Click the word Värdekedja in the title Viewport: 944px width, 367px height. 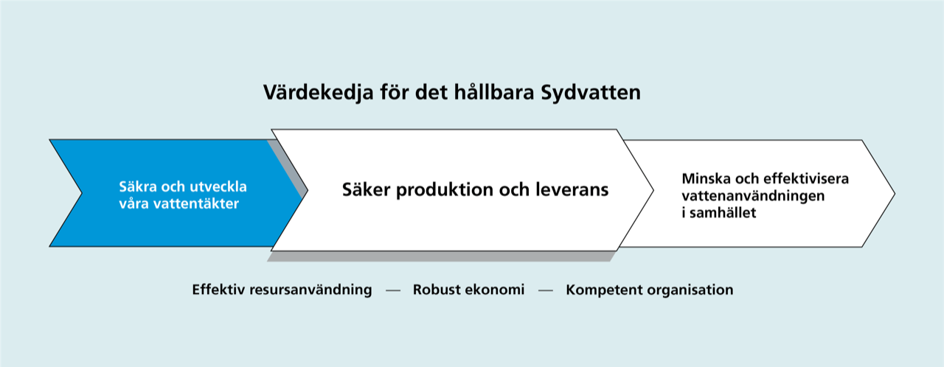318,92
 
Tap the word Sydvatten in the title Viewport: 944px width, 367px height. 591,93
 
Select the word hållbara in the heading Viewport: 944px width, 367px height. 494,91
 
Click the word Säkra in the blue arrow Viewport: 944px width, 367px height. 138,186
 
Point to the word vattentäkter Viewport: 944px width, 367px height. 196,203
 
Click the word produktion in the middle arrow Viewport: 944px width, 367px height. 445,190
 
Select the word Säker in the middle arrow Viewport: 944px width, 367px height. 366,189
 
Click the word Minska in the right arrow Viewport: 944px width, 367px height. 706,178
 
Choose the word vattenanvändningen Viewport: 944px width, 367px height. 753,196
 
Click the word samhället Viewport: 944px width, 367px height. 723,213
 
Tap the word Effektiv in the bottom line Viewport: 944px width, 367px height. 218,290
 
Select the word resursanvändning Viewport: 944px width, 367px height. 311,290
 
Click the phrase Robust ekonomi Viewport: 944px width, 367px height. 468,290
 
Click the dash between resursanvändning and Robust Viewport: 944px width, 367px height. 393,290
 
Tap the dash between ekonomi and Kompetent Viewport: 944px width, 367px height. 545,290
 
